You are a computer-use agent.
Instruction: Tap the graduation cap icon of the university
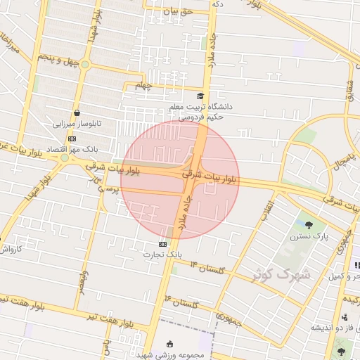tap(200, 96)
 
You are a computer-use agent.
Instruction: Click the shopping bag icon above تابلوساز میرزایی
tap(77, 112)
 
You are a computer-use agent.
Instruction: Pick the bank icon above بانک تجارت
tap(163, 243)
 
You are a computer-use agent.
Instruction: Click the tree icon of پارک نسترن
tap(309, 225)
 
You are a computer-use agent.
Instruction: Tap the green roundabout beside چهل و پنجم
tap(84, 65)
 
